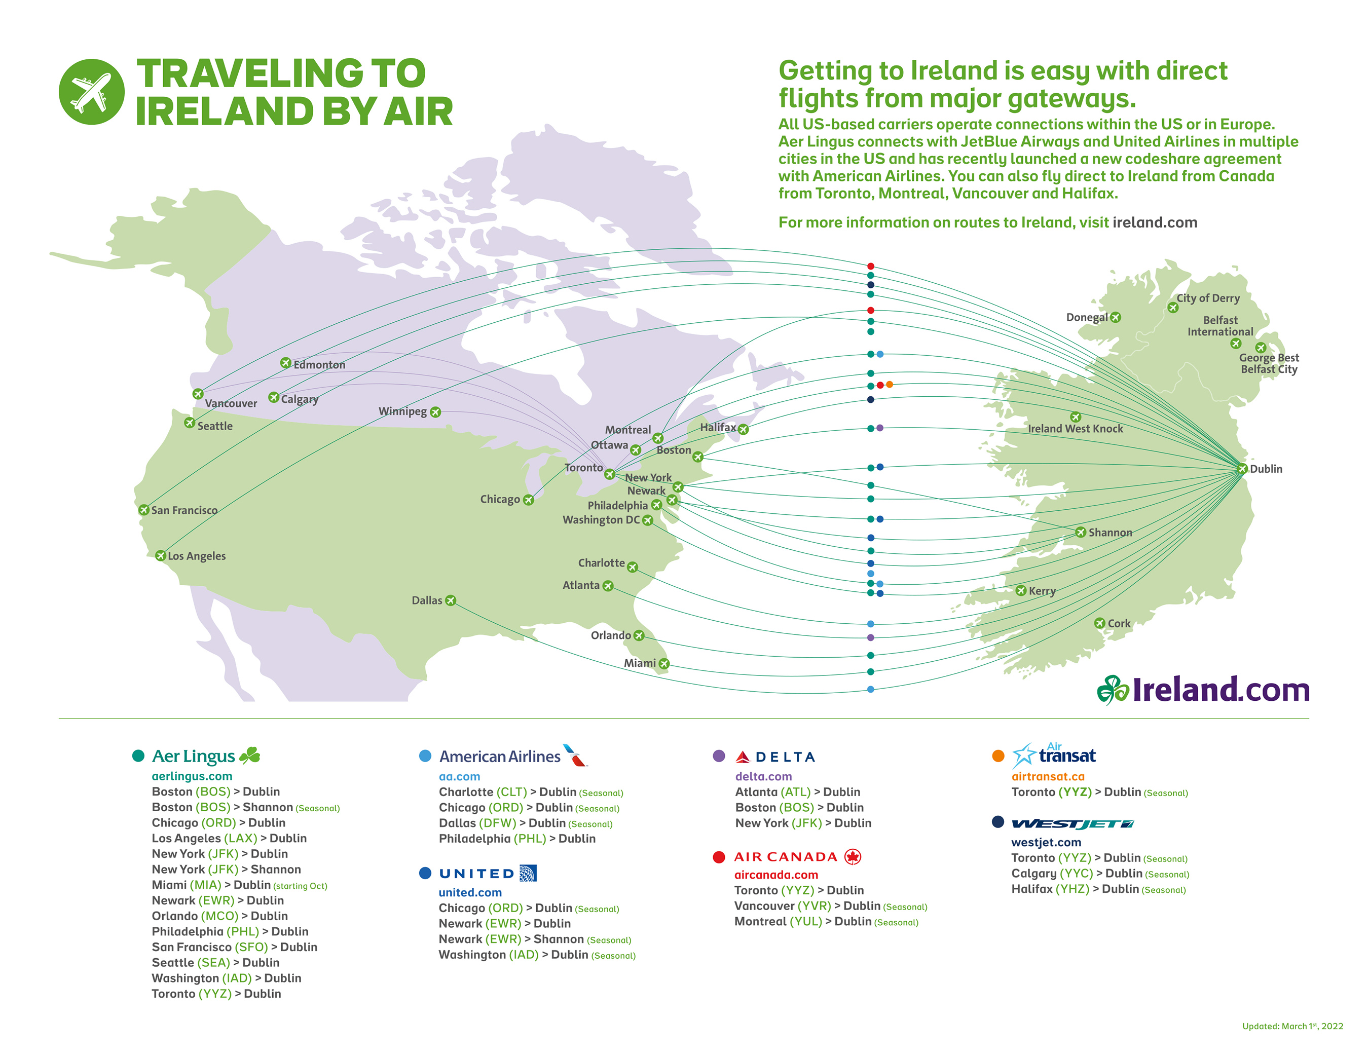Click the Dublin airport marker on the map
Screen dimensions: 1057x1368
coord(1242,468)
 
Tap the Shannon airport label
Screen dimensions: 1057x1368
coord(1110,532)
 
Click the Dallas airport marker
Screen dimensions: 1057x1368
coord(451,600)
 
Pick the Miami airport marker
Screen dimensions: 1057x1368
coord(663,663)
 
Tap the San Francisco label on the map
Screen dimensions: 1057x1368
coord(184,510)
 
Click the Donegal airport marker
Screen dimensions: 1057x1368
coord(1116,318)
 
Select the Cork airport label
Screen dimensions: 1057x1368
coord(1119,623)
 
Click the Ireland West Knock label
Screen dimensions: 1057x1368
coord(1076,428)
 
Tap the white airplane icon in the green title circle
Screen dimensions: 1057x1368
coord(91,92)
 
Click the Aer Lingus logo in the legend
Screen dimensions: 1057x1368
coord(205,756)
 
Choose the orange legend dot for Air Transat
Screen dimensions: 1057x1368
coord(999,756)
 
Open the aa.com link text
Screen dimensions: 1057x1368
coord(459,776)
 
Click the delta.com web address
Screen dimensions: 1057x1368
coord(763,776)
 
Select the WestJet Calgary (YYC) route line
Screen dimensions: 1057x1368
coord(1099,874)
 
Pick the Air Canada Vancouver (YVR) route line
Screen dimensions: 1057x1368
coord(830,906)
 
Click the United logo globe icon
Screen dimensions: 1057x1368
coord(528,874)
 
